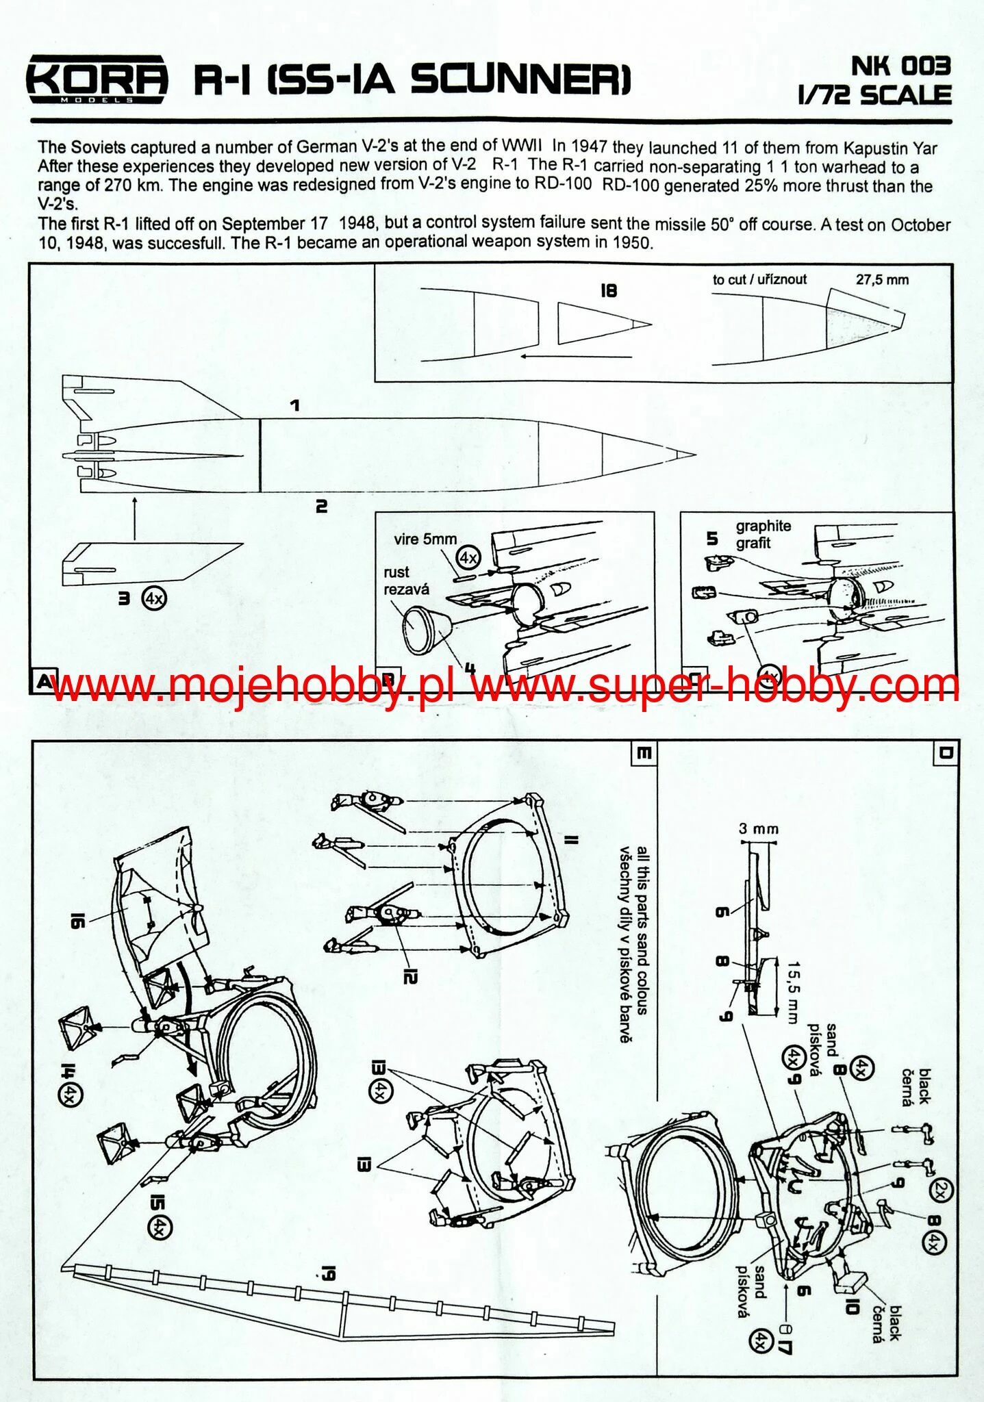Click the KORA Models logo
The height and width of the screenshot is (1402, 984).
(x=97, y=81)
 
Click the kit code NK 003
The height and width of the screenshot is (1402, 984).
(x=900, y=66)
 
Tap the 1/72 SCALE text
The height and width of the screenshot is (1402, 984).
(x=874, y=95)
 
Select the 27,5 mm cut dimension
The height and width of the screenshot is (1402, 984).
(x=882, y=280)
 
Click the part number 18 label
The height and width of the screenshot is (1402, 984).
(x=608, y=291)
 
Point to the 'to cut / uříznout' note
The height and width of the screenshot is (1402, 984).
(x=759, y=280)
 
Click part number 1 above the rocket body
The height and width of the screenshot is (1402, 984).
(x=294, y=406)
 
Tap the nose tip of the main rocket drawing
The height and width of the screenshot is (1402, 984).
(x=693, y=454)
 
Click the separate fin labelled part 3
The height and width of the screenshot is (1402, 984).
(x=151, y=563)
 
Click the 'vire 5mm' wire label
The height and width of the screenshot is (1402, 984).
(x=425, y=539)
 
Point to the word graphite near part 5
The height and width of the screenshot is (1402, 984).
(x=763, y=526)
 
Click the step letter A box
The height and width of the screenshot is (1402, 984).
(x=43, y=681)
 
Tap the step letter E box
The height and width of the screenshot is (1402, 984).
(x=644, y=753)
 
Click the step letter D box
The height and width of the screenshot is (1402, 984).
(x=945, y=752)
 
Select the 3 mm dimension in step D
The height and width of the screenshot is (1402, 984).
(x=758, y=829)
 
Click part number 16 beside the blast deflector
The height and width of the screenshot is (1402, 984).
(x=76, y=921)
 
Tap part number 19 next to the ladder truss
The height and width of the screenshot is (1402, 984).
(x=328, y=1274)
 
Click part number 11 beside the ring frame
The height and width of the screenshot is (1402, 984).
(x=572, y=840)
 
